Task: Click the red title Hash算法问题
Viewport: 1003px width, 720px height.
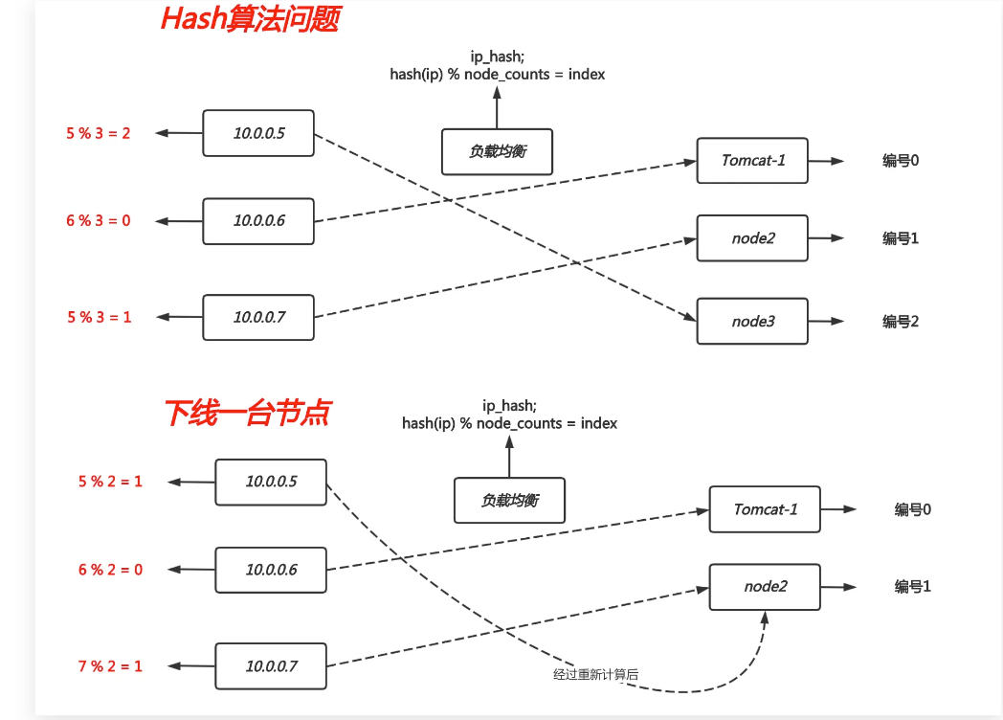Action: (x=250, y=19)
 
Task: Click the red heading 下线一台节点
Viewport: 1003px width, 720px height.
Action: (x=248, y=413)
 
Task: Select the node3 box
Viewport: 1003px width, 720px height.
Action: (x=752, y=322)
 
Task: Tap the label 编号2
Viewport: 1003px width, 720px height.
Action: (x=901, y=322)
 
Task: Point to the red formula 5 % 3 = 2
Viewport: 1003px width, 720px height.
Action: (x=98, y=134)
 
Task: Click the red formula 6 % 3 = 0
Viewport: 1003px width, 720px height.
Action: (x=98, y=221)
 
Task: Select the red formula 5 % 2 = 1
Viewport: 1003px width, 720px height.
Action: (x=110, y=482)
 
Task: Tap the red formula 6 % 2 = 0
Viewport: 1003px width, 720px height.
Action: (x=110, y=570)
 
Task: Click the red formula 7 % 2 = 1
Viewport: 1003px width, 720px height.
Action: (x=110, y=665)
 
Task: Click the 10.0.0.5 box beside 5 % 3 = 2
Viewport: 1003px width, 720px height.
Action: (x=258, y=133)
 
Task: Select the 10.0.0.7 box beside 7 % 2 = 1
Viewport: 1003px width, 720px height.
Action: (x=271, y=665)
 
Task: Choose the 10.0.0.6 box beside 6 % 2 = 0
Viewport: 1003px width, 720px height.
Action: (x=271, y=570)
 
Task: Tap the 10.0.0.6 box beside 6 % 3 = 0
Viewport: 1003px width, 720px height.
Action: (x=258, y=220)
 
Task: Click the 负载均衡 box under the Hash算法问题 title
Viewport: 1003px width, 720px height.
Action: (x=497, y=151)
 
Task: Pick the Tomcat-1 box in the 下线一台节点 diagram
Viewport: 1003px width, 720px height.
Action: (x=765, y=509)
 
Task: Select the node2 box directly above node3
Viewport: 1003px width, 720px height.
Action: (x=752, y=238)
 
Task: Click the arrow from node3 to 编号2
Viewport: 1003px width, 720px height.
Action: (x=826, y=322)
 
